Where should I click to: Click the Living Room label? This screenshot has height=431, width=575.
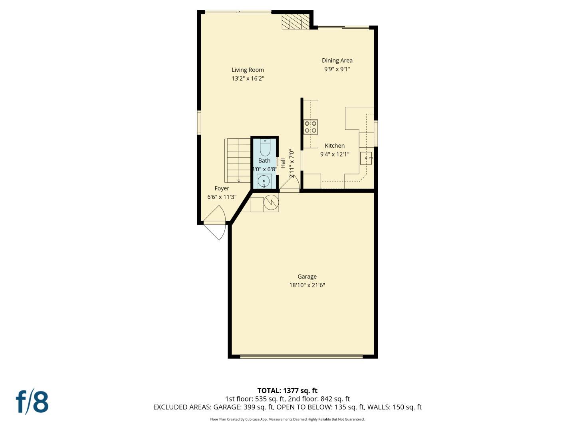[248, 70]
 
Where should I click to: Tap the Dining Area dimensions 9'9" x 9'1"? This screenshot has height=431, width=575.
[337, 69]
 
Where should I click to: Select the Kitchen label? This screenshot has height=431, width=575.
[335, 146]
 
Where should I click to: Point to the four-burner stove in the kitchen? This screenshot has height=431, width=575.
[311, 127]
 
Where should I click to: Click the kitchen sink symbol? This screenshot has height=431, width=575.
[366, 158]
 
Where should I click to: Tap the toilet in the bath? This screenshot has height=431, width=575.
[265, 148]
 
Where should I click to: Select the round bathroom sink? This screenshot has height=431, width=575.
[264, 181]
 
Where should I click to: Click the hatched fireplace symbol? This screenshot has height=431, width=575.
[295, 22]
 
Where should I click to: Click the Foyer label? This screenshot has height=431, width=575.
[222, 188]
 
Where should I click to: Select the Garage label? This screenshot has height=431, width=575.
[307, 277]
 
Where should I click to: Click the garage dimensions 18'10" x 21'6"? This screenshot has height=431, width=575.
[307, 285]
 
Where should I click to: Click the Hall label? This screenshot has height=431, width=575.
[283, 163]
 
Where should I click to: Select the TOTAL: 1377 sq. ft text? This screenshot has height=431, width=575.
[287, 390]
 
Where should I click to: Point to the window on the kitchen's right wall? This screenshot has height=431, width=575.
[376, 133]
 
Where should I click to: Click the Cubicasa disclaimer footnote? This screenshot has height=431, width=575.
[287, 419]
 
